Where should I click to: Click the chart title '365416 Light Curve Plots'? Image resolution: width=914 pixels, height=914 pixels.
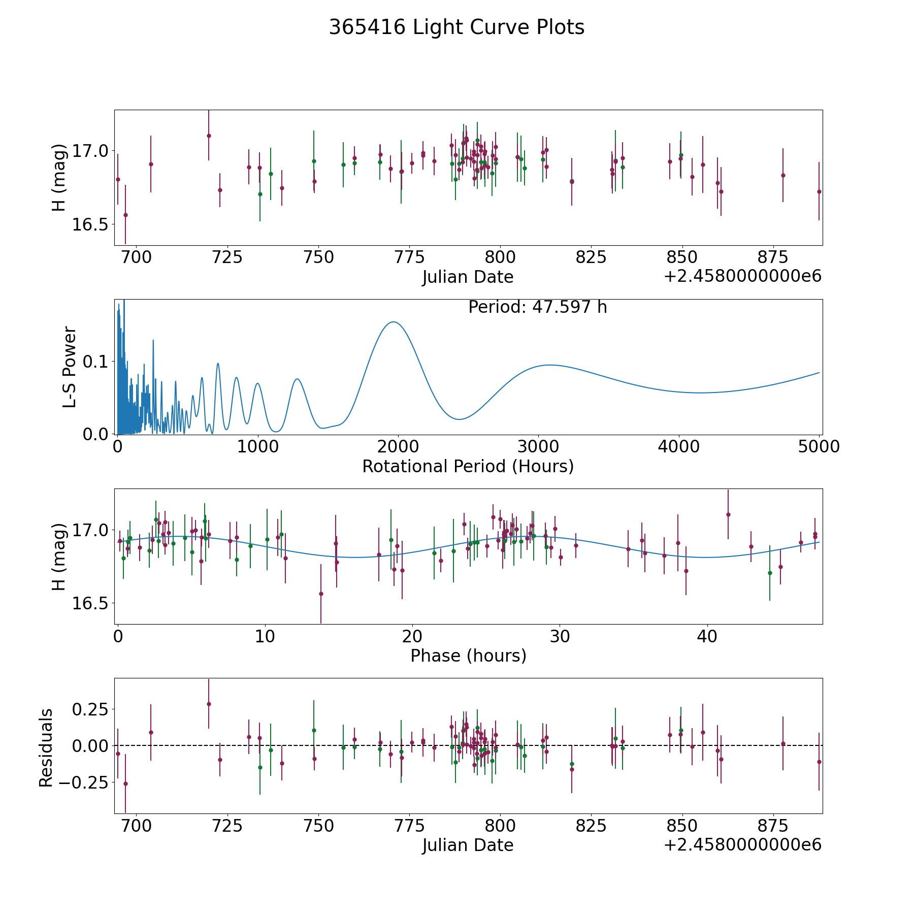coord(456,28)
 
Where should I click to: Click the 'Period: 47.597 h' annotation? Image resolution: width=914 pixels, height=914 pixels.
coord(537,307)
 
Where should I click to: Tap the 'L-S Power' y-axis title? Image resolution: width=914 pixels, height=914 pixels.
coord(70,367)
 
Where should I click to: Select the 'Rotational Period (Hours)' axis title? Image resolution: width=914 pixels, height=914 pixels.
coord(468,466)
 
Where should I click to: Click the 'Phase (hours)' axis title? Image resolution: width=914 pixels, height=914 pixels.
coord(468,656)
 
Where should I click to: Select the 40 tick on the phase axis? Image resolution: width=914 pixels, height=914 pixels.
coord(706,636)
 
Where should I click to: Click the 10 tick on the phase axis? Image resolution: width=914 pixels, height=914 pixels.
coord(265,636)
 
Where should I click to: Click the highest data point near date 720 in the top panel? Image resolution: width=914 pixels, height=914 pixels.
coord(209,136)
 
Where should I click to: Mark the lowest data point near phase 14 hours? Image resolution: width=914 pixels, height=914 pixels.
coord(321,594)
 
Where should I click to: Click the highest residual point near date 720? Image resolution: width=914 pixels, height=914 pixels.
coord(209,704)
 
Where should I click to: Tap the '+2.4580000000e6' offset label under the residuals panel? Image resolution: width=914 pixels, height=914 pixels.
coord(742,845)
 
